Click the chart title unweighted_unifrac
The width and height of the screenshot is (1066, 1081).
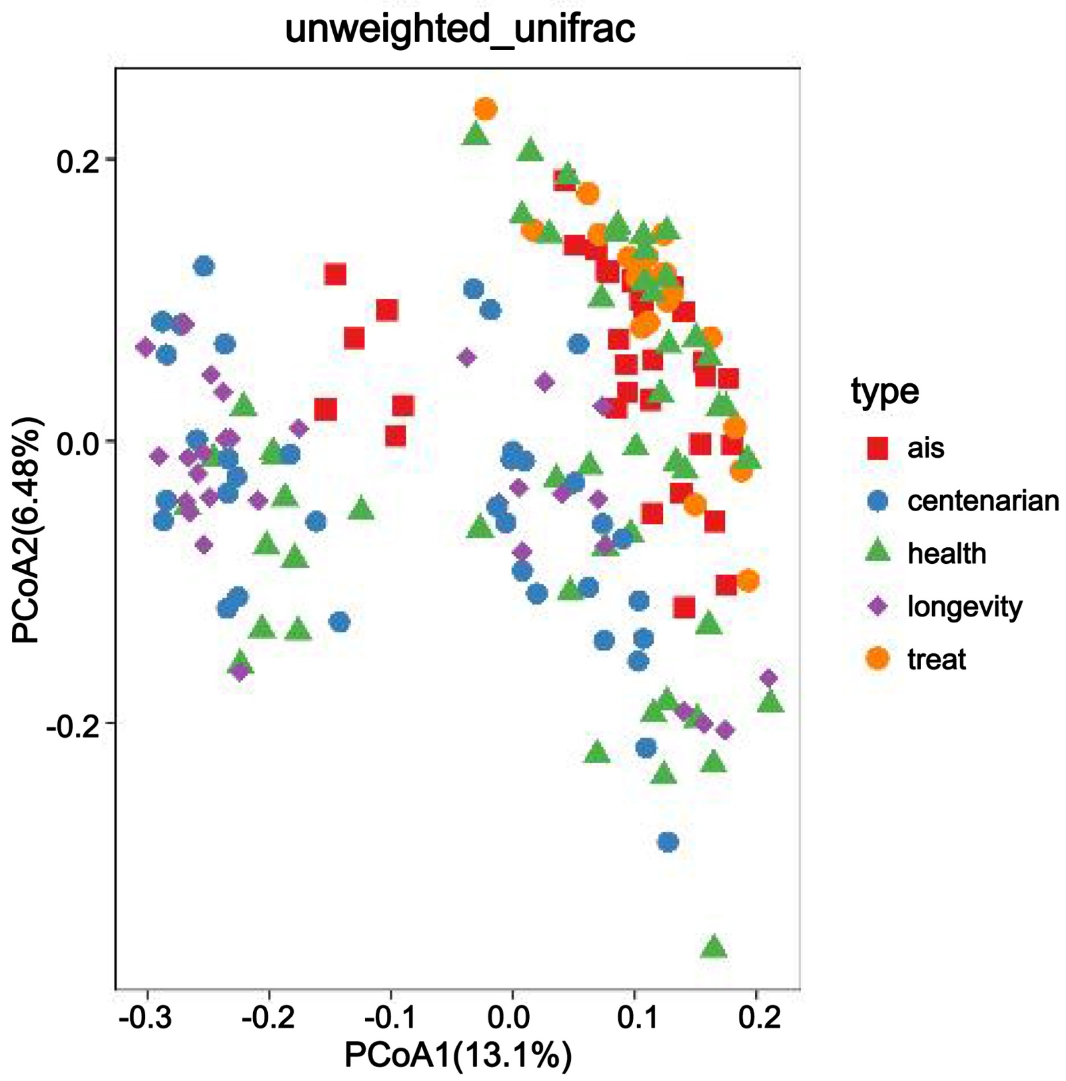click(x=460, y=29)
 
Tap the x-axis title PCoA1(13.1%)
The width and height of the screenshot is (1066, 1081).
click(x=458, y=1054)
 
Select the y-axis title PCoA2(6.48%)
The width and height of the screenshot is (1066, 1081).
click(x=27, y=530)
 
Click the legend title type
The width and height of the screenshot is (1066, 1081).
click(x=884, y=391)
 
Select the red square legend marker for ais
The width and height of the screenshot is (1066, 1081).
click(x=879, y=448)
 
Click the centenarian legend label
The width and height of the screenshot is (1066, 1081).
click(x=983, y=501)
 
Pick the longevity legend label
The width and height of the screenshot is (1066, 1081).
click(x=964, y=606)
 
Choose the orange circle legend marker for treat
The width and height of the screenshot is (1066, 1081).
click(x=879, y=659)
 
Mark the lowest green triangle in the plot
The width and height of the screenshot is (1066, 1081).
click(x=714, y=946)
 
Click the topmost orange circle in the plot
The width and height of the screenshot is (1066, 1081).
click(x=485, y=109)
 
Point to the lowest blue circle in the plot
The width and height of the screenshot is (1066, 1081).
click(x=668, y=842)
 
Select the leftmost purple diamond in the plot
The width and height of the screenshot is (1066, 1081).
click(x=145, y=347)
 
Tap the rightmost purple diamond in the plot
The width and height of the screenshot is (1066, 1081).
click(x=769, y=678)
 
